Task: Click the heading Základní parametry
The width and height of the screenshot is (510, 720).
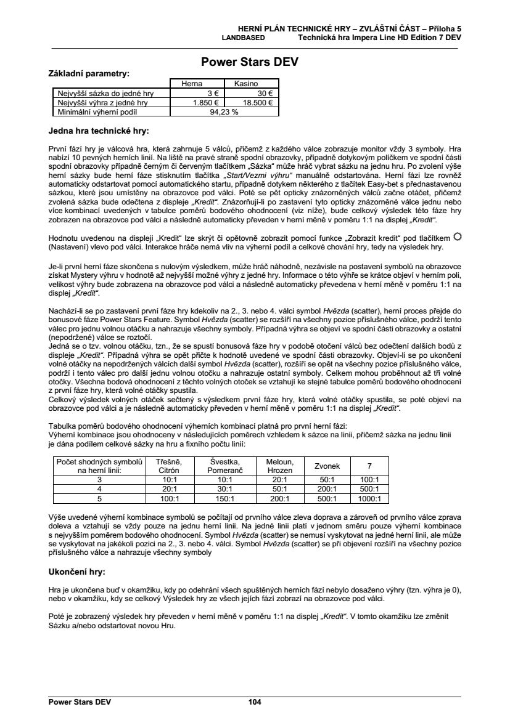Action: (x=89, y=73)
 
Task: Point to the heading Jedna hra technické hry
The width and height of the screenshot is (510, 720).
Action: (x=99, y=131)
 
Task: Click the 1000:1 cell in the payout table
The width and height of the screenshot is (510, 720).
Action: (x=370, y=499)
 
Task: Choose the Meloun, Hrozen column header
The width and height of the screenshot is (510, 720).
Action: (x=279, y=466)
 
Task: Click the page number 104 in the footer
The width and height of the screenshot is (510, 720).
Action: (x=255, y=702)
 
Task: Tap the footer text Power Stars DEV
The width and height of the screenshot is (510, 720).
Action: (x=75, y=702)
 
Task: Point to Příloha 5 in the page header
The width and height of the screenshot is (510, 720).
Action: (x=444, y=29)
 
